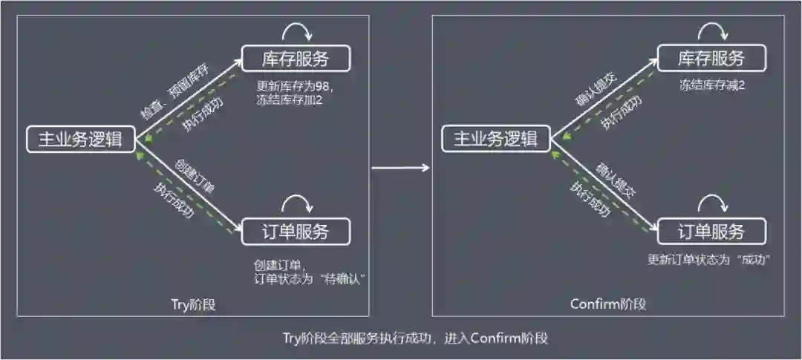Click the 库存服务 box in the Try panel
(x=295, y=59)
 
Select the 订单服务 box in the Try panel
(x=295, y=232)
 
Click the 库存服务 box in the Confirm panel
(x=711, y=59)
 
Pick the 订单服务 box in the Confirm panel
(x=711, y=232)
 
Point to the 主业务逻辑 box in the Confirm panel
(x=495, y=139)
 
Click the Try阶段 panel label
(x=192, y=304)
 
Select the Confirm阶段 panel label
(x=608, y=304)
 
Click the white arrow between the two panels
(x=400, y=167)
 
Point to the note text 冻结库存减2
(x=711, y=85)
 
